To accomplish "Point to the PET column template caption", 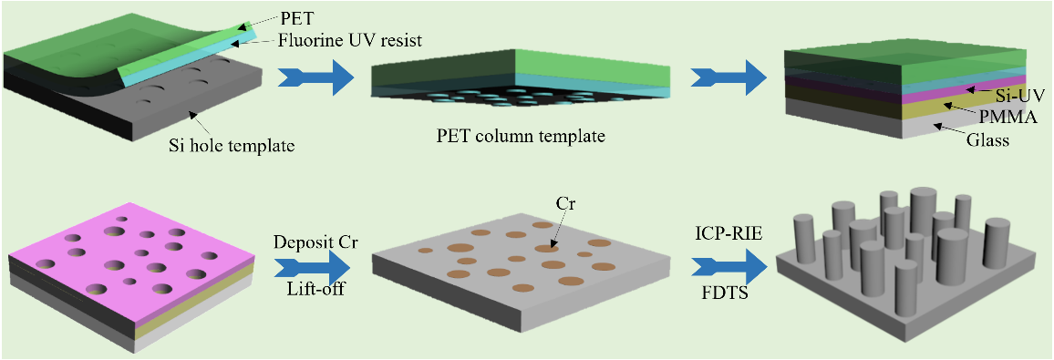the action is click(x=520, y=137).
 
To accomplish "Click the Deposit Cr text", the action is click(x=314, y=242).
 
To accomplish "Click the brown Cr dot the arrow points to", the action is click(x=546, y=249).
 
